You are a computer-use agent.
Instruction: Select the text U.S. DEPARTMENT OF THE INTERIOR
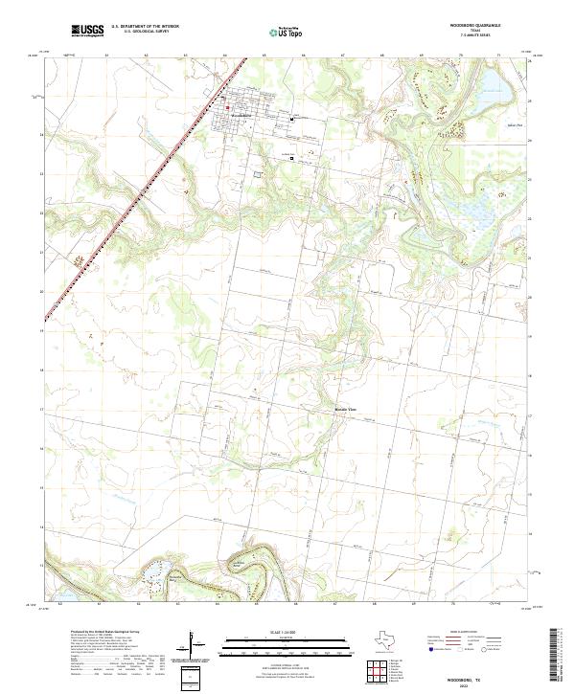(145, 28)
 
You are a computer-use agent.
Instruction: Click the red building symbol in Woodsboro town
(293, 120)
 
